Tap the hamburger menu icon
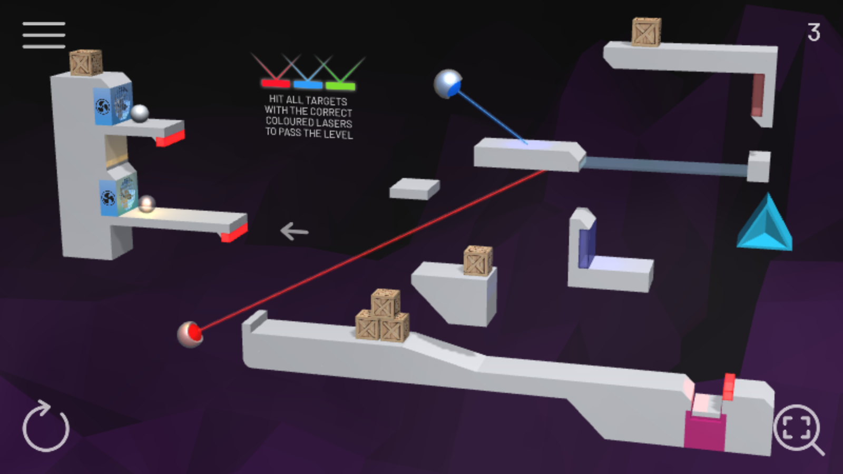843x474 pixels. (x=44, y=35)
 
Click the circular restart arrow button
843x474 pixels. (x=46, y=426)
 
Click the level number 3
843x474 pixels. (x=813, y=32)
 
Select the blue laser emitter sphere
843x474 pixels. (x=447, y=84)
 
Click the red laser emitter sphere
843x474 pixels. (x=190, y=334)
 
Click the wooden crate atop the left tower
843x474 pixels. (x=86, y=63)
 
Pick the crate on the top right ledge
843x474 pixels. (x=646, y=32)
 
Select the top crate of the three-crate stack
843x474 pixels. (x=385, y=303)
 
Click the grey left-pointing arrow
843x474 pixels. (x=295, y=231)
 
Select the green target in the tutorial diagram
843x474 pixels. (x=340, y=86)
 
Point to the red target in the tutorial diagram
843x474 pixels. (x=276, y=84)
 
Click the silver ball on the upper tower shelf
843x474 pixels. (x=140, y=113)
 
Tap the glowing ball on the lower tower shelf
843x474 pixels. (x=147, y=204)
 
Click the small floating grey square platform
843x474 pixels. (x=414, y=189)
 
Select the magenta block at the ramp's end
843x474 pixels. (x=704, y=430)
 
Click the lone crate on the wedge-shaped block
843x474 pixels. (x=478, y=261)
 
